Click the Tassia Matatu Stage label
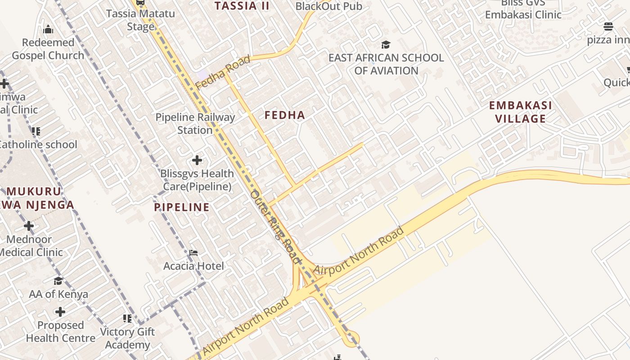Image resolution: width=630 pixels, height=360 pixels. [140, 20]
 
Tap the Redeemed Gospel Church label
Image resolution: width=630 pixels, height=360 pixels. [48, 49]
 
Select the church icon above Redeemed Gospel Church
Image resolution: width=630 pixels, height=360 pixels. [48, 30]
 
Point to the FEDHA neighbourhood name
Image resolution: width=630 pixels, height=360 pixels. [285, 115]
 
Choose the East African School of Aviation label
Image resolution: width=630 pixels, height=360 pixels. [386, 64]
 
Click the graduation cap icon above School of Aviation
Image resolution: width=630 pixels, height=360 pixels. [386, 45]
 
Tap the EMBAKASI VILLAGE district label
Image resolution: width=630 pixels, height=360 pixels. [521, 112]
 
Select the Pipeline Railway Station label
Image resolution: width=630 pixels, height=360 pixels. [195, 124]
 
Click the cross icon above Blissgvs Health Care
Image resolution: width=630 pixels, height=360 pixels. [197, 160]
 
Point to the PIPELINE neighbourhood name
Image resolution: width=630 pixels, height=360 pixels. [182, 207]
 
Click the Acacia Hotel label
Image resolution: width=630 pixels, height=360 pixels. [193, 266]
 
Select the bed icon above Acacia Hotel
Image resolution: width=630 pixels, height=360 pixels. [193, 253]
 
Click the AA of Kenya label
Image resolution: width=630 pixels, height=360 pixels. [58, 294]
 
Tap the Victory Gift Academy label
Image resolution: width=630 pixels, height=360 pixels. [127, 338]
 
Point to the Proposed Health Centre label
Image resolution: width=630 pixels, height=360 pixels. [60, 332]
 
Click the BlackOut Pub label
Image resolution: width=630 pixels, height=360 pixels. [328, 6]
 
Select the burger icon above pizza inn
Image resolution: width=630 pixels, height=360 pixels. [608, 27]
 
